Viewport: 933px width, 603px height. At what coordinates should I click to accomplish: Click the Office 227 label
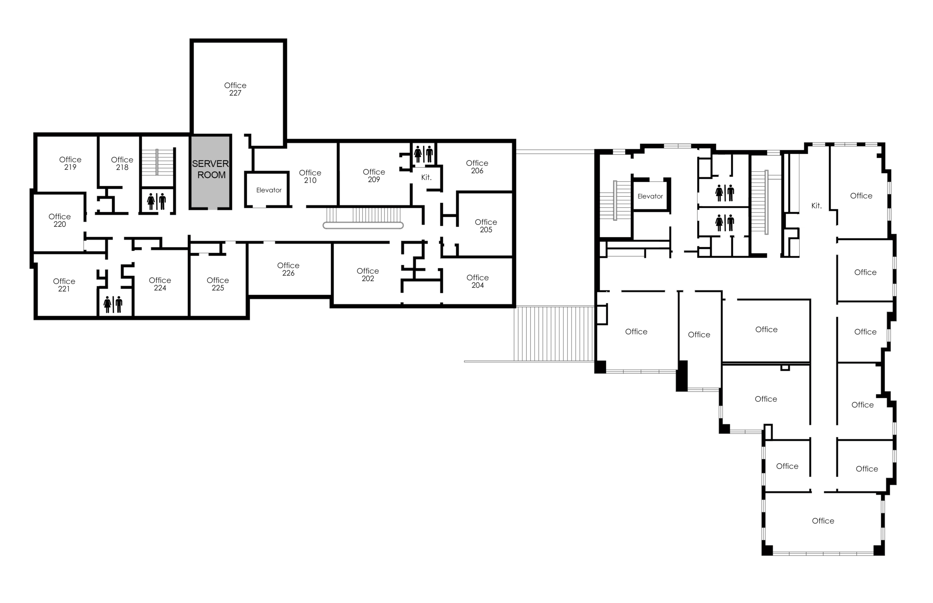click(235, 89)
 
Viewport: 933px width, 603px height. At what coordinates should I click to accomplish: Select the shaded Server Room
click(211, 172)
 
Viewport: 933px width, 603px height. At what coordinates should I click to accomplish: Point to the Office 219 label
click(70, 163)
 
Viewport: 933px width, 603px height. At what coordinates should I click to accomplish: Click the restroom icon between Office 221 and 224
click(113, 304)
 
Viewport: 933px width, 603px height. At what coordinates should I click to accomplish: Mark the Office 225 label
click(218, 284)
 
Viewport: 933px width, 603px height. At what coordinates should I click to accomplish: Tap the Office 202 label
click(368, 275)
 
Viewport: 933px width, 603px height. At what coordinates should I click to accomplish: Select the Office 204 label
click(477, 281)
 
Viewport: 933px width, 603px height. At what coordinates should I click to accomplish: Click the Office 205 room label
click(486, 226)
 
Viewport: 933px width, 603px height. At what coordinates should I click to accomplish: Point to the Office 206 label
click(477, 167)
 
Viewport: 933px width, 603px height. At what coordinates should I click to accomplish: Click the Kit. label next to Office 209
click(426, 178)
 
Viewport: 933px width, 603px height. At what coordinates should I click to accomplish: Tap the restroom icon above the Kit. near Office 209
click(424, 154)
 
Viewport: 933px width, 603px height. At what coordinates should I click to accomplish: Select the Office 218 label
click(122, 163)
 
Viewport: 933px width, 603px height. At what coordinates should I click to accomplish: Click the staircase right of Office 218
click(157, 162)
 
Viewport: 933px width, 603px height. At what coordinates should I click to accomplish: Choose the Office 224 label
click(160, 284)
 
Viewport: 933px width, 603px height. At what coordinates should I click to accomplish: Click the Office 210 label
click(310, 176)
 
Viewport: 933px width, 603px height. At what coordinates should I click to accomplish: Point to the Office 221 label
click(64, 285)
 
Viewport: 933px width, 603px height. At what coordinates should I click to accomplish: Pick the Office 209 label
click(374, 175)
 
